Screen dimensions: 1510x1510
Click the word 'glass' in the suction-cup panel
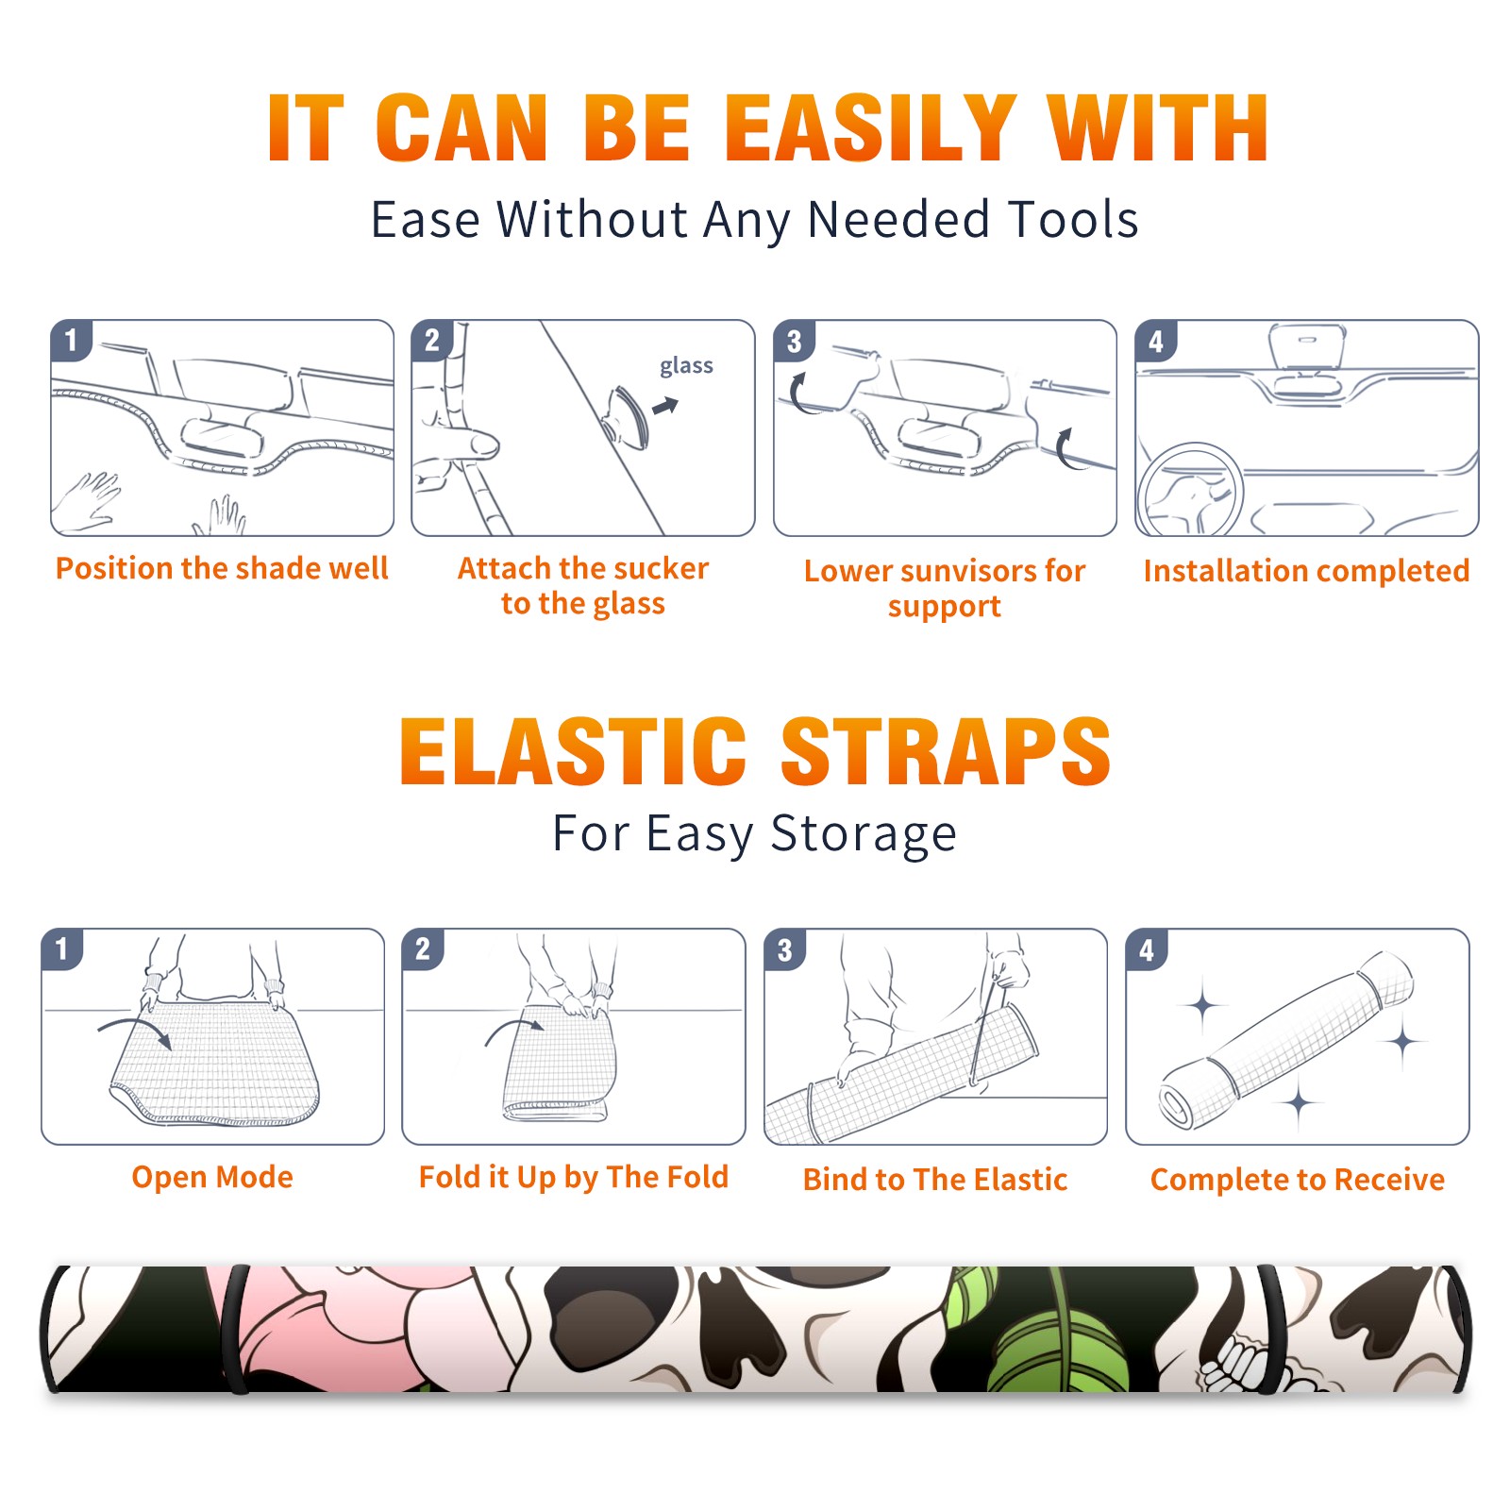[686, 366]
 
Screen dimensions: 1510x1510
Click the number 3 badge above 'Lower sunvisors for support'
[795, 341]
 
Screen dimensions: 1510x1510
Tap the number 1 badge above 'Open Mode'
[62, 948]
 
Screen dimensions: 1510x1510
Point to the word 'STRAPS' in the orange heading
[946, 751]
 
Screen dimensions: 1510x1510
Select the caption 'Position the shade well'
[222, 568]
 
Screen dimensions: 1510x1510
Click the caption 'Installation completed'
[1306, 570]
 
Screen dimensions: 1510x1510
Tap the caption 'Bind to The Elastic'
[935, 1179]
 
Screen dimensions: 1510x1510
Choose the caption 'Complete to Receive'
[1298, 1179]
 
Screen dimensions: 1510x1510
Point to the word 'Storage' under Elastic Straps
[864, 834]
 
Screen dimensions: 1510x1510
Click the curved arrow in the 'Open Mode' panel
[135, 1032]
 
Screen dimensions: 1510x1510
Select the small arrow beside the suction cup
[665, 406]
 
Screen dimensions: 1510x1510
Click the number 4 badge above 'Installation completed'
[1156, 341]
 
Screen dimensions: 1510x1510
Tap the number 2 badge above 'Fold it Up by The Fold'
[423, 948]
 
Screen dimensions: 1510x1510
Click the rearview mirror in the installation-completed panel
[1307, 346]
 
